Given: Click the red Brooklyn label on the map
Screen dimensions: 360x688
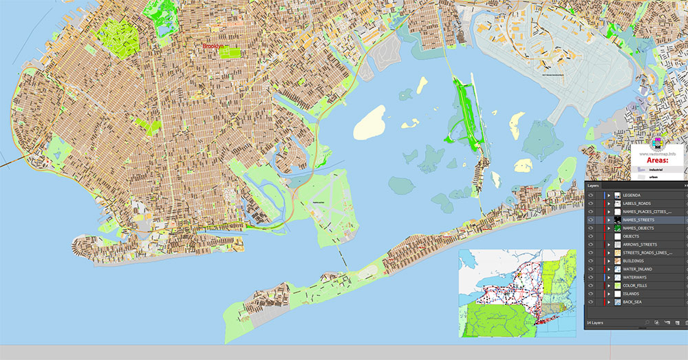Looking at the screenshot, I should coord(212,46).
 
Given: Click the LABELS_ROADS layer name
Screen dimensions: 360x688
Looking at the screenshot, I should coord(637,204).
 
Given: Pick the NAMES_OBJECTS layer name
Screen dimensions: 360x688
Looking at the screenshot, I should coord(638,229).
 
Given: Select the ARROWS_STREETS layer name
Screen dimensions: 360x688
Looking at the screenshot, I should coord(639,245).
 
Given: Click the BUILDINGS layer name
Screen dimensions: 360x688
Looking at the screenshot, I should coord(634,262).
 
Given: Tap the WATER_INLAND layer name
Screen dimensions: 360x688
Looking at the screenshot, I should coord(636,270).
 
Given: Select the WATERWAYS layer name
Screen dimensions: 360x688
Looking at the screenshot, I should coord(635,277).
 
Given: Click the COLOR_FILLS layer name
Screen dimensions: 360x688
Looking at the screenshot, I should coord(636,286).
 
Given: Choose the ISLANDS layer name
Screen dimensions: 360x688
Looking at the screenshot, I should coord(632,294).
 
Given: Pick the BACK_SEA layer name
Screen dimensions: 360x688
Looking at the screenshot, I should coord(633,302).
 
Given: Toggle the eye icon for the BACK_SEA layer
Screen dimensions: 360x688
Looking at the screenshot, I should coord(590,302).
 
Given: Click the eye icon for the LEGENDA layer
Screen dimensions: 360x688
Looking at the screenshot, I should coord(590,195).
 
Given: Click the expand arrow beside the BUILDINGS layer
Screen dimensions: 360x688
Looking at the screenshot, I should coord(609,262).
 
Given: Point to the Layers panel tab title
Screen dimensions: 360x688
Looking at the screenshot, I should coord(594,186).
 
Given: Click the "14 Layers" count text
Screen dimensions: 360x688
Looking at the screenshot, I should coord(594,322).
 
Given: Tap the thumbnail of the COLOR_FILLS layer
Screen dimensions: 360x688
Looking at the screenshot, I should coord(618,286).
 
